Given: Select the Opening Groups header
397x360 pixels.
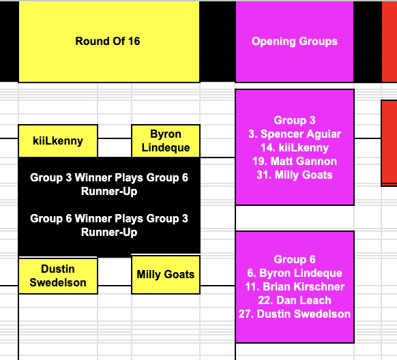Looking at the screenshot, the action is (295, 42).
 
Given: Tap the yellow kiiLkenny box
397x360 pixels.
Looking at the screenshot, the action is (58, 141).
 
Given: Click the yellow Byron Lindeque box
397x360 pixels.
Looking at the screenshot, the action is (166, 141).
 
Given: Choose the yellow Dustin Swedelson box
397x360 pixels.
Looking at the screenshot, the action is (58, 275).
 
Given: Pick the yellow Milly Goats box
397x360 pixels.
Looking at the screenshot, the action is (166, 275).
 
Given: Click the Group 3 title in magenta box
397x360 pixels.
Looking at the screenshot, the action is (295, 120).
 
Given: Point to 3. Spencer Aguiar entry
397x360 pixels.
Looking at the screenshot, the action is (295, 134).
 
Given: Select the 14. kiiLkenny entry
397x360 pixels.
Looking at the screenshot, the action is (295, 148).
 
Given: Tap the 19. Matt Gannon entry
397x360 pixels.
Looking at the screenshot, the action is (295, 162).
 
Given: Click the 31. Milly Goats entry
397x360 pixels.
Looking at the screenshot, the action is (295, 175).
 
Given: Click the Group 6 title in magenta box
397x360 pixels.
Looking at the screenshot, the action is (295, 259).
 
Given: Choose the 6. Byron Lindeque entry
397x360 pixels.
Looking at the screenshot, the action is (295, 273).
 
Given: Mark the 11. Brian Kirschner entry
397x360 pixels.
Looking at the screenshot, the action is (295, 287).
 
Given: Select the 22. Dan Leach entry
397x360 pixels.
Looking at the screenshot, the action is (295, 301).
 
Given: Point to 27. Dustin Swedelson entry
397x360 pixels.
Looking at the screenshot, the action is (295, 314).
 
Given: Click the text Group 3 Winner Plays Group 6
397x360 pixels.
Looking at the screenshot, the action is (109, 177).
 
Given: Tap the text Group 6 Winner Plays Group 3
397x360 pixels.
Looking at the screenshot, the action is (109, 219).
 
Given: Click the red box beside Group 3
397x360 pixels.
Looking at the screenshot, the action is (389, 143).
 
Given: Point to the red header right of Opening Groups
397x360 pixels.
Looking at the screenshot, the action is (389, 42).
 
